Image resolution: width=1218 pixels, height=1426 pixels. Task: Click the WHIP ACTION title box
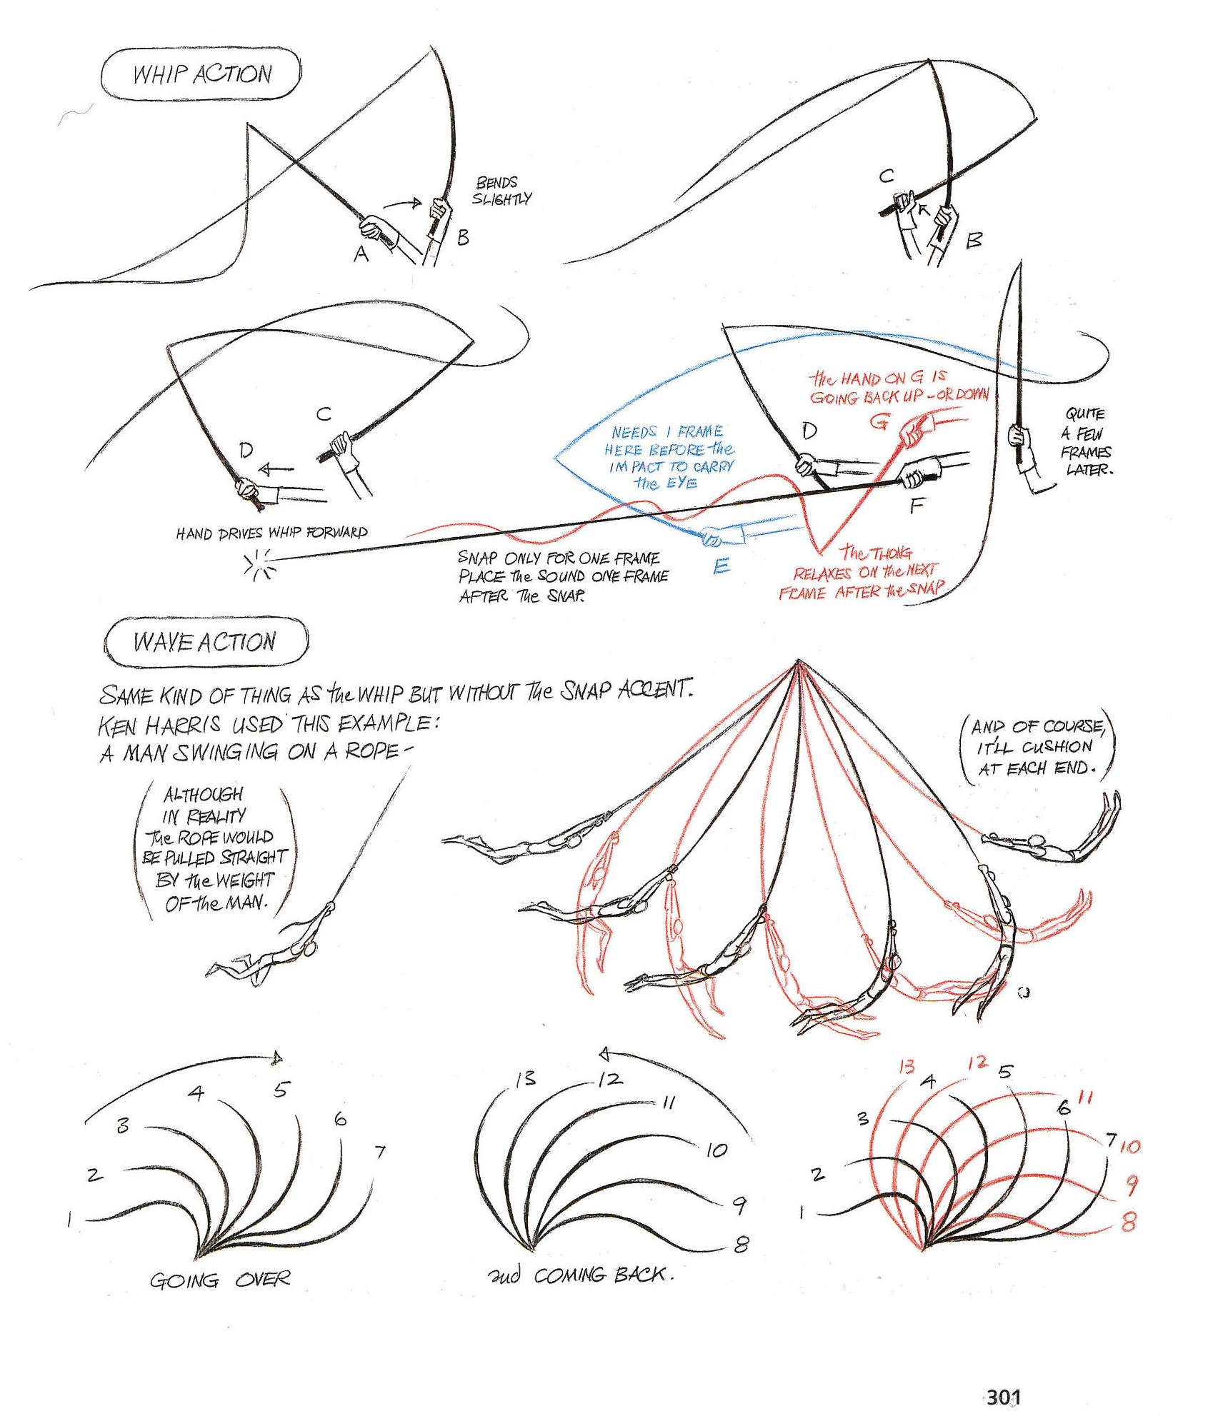(201, 74)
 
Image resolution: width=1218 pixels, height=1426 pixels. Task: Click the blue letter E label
(722, 566)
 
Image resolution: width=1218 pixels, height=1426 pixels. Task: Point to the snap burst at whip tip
(259, 563)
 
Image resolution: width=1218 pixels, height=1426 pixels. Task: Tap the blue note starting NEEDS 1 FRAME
(667, 458)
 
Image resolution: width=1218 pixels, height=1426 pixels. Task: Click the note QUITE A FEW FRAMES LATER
(1086, 441)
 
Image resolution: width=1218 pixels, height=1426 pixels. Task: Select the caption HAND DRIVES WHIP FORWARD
(271, 533)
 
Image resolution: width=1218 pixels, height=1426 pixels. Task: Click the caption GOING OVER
(219, 1280)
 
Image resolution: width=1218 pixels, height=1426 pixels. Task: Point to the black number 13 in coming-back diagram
(525, 1078)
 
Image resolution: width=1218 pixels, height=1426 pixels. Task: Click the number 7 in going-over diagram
(379, 1152)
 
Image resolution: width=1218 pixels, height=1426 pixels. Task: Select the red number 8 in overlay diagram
(1129, 1222)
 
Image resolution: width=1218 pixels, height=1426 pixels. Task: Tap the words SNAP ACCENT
(625, 690)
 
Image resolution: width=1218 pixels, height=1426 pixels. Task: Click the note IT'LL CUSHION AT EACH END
(1037, 747)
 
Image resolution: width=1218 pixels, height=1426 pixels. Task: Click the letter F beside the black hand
(917, 506)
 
